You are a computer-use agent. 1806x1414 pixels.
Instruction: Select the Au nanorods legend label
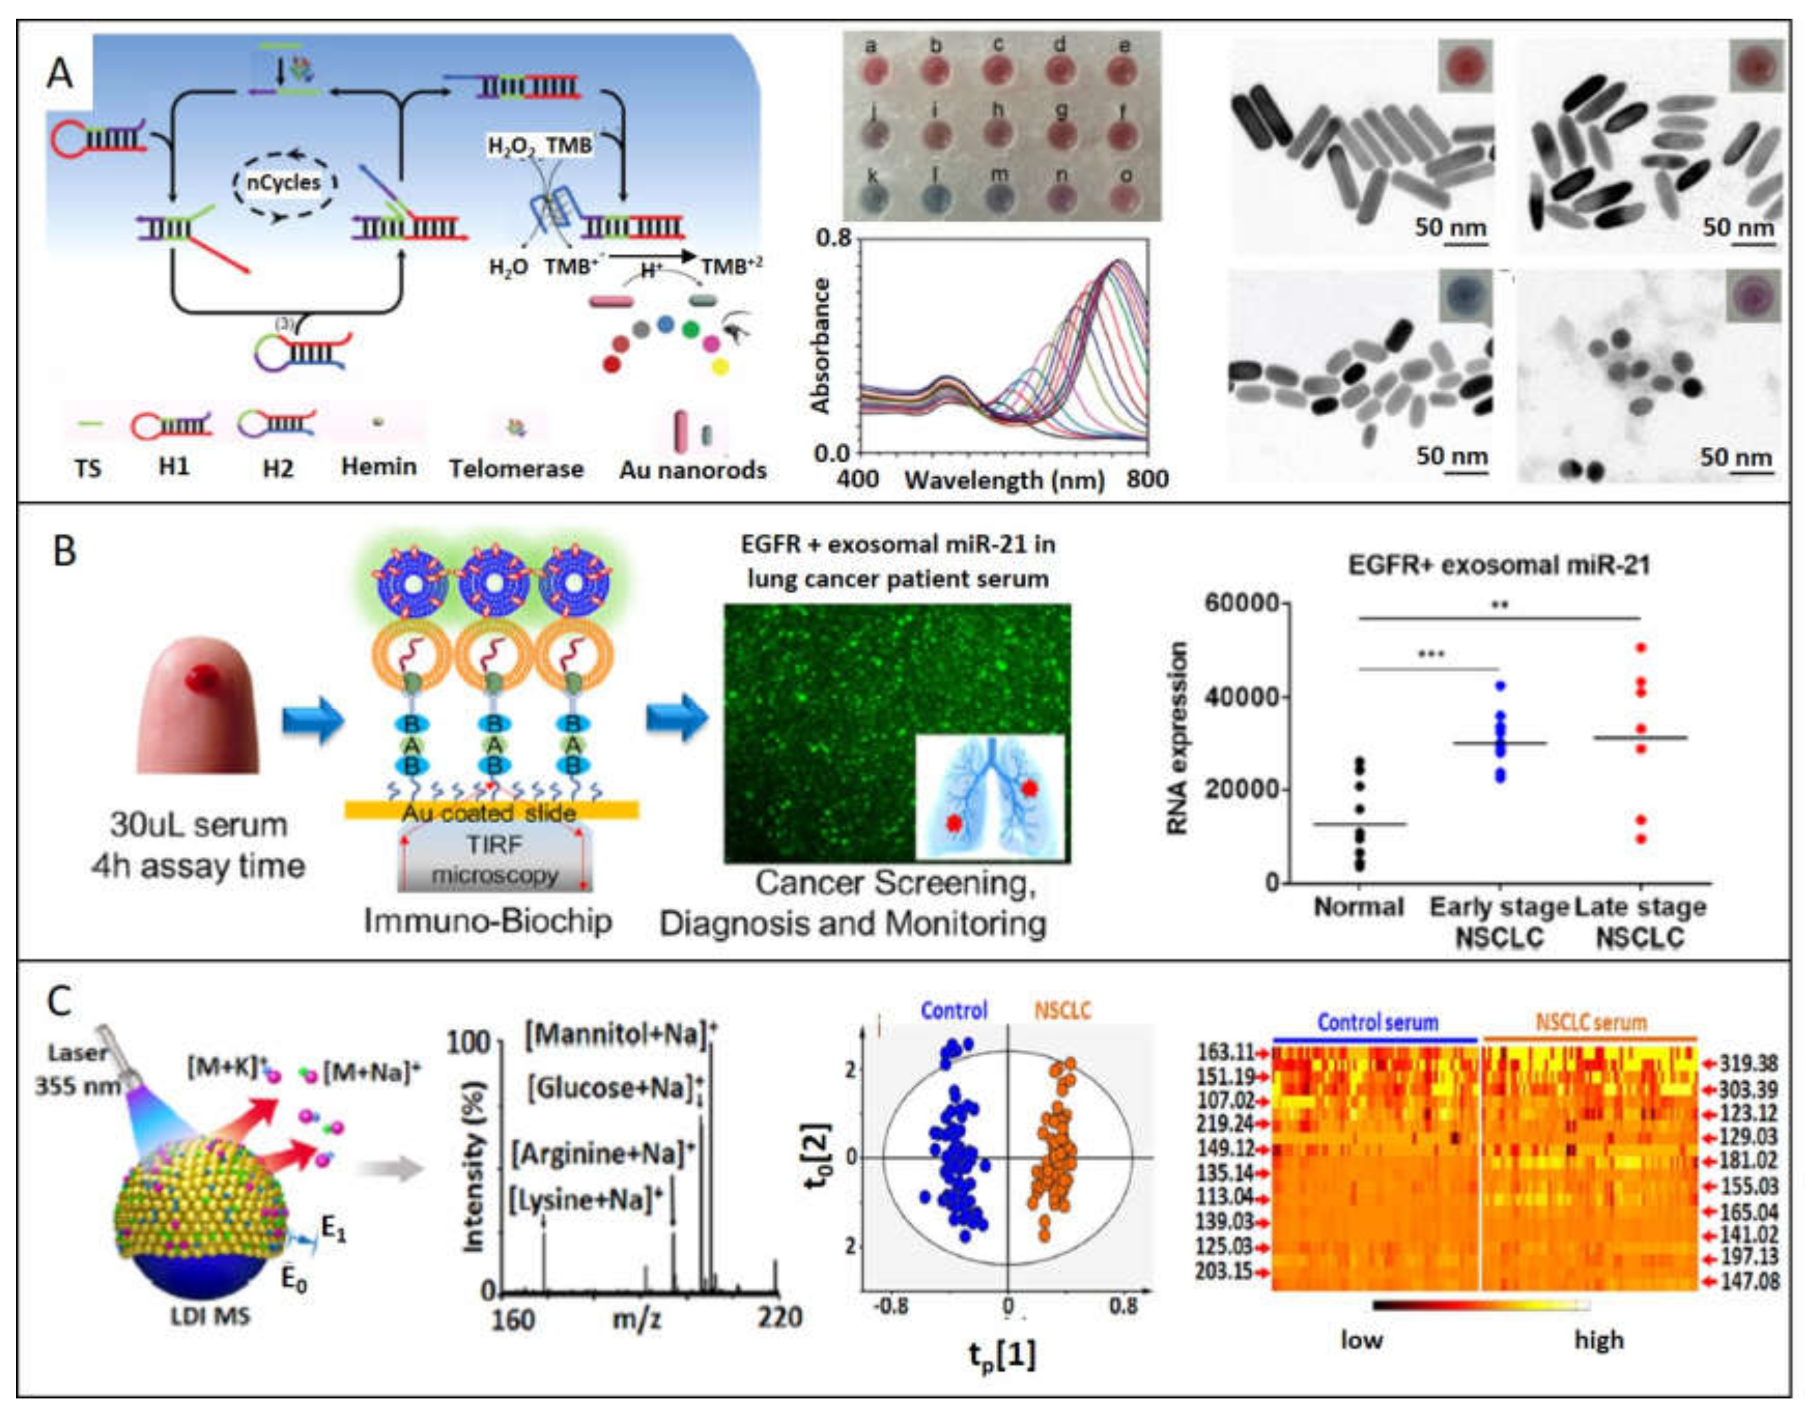[693, 470]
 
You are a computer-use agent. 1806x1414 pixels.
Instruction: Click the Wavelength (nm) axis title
[1005, 480]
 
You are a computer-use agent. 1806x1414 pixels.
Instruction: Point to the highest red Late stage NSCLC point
[1641, 647]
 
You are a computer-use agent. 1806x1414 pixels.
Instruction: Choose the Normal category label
[1359, 908]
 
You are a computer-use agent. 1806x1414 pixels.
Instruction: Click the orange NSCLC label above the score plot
[1063, 1011]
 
